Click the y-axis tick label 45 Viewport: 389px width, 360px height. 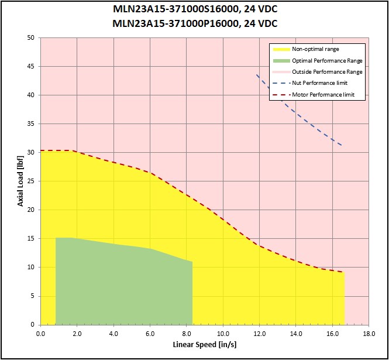[31, 66]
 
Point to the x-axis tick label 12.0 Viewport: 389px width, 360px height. [259, 334]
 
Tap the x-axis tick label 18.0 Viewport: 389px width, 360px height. [369, 334]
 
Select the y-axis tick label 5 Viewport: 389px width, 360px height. [33, 296]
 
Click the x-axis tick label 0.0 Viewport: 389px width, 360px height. [40, 334]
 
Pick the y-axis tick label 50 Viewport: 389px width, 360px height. [31, 37]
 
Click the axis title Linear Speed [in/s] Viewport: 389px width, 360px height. [204, 345]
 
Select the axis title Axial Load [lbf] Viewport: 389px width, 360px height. [20, 181]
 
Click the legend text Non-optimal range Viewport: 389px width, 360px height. [315, 49]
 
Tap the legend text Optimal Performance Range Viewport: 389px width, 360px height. [327, 60]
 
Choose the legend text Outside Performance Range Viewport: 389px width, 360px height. [327, 72]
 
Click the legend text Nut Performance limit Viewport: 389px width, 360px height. [319, 83]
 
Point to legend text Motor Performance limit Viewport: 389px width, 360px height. [323, 95]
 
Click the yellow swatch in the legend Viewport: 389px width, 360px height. [281, 49]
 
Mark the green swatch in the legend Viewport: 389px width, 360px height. [281, 61]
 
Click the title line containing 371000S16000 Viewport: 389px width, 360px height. [195, 9]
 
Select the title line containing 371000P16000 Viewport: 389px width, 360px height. [195, 23]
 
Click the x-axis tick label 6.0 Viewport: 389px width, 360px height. [150, 334]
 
